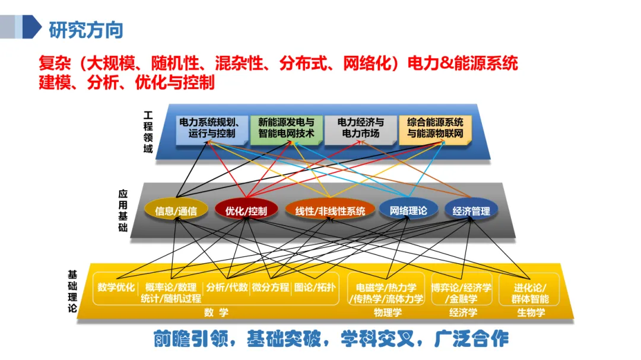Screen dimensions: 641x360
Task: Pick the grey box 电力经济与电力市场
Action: pyautogui.click(x=360, y=128)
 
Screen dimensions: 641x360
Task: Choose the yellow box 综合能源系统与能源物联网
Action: pyautogui.click(x=436, y=128)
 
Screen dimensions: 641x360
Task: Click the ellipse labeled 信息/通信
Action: pyautogui.click(x=172, y=211)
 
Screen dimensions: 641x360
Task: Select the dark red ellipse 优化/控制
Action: pyautogui.click(x=246, y=211)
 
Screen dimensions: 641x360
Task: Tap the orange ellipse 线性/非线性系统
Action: pyautogui.click(x=330, y=211)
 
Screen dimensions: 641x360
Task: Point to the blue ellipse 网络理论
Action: pyautogui.click(x=408, y=210)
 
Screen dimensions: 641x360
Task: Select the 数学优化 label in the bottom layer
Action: pyautogui.click(x=116, y=288)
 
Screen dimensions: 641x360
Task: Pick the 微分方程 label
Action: pyautogui.click(x=271, y=288)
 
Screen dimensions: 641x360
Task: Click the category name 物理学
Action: pyautogui.click(x=387, y=312)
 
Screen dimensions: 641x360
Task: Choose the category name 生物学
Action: pyautogui.click(x=530, y=312)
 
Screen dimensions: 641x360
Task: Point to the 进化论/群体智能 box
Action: pyautogui.click(x=530, y=294)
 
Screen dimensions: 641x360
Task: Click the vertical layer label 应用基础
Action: pyautogui.click(x=123, y=211)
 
